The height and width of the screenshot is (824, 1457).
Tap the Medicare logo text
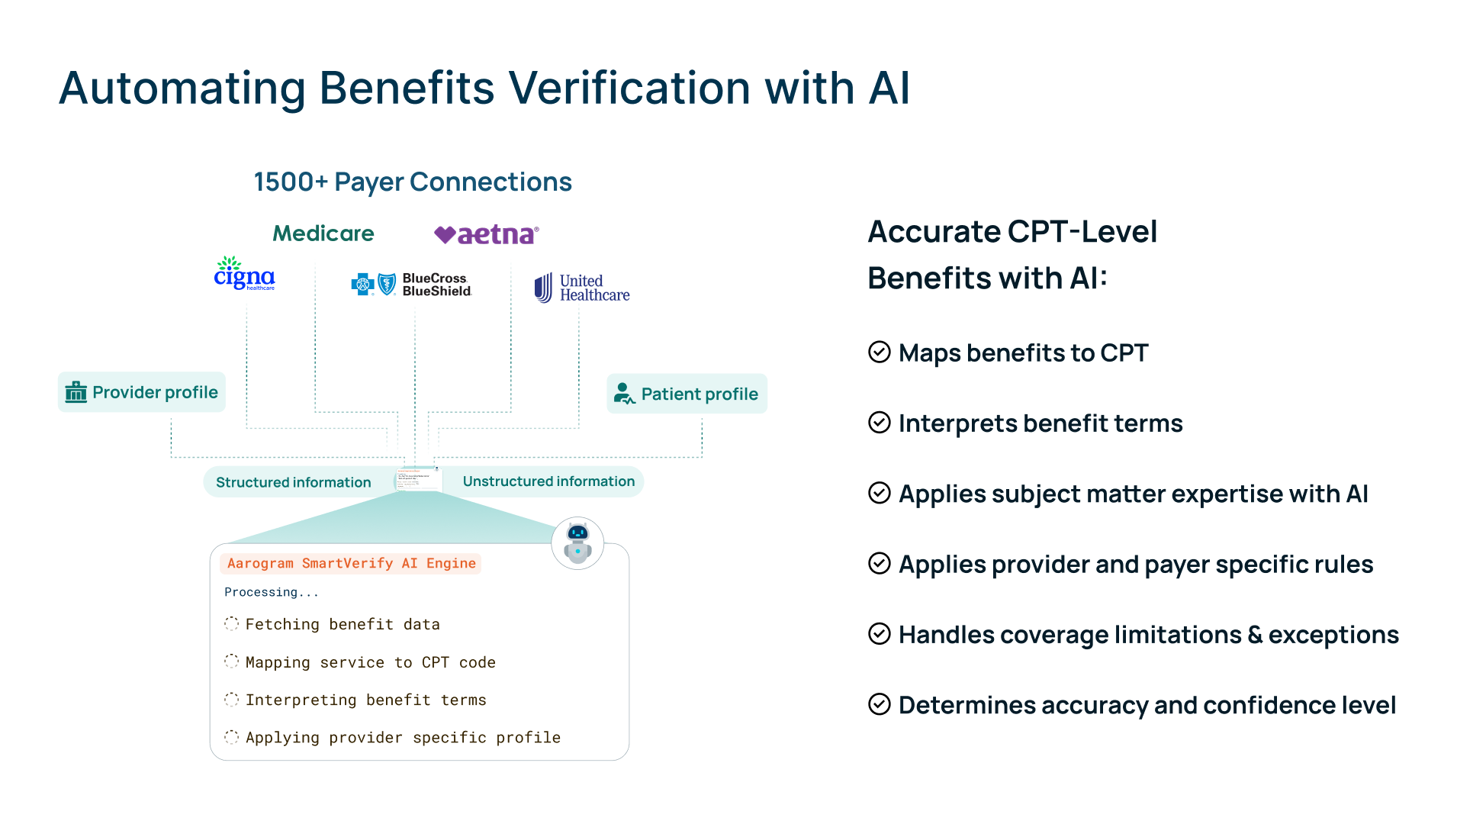[x=323, y=233]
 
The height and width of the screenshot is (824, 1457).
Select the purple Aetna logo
[x=487, y=234]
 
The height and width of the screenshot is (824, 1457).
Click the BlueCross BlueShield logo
[x=412, y=285]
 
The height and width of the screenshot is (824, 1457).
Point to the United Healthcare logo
[x=582, y=288]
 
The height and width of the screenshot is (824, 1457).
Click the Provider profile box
[x=142, y=392]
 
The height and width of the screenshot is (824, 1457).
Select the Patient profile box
[x=687, y=394]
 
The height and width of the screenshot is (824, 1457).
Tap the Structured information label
[x=293, y=482]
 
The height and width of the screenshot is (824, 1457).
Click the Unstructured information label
[x=548, y=481]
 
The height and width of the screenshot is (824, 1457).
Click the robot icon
[x=577, y=542]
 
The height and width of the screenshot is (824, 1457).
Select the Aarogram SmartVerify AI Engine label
[x=351, y=564]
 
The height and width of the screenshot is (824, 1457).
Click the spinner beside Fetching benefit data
[x=231, y=624]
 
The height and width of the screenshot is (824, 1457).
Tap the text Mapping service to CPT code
[x=370, y=662]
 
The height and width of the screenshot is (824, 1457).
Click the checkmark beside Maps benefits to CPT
[x=879, y=352]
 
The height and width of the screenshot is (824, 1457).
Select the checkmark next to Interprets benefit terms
[x=879, y=422]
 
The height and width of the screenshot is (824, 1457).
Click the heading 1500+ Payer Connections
[x=413, y=182]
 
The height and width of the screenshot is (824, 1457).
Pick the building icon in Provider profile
[x=76, y=392]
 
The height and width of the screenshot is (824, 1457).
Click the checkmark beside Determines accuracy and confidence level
[x=879, y=704]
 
